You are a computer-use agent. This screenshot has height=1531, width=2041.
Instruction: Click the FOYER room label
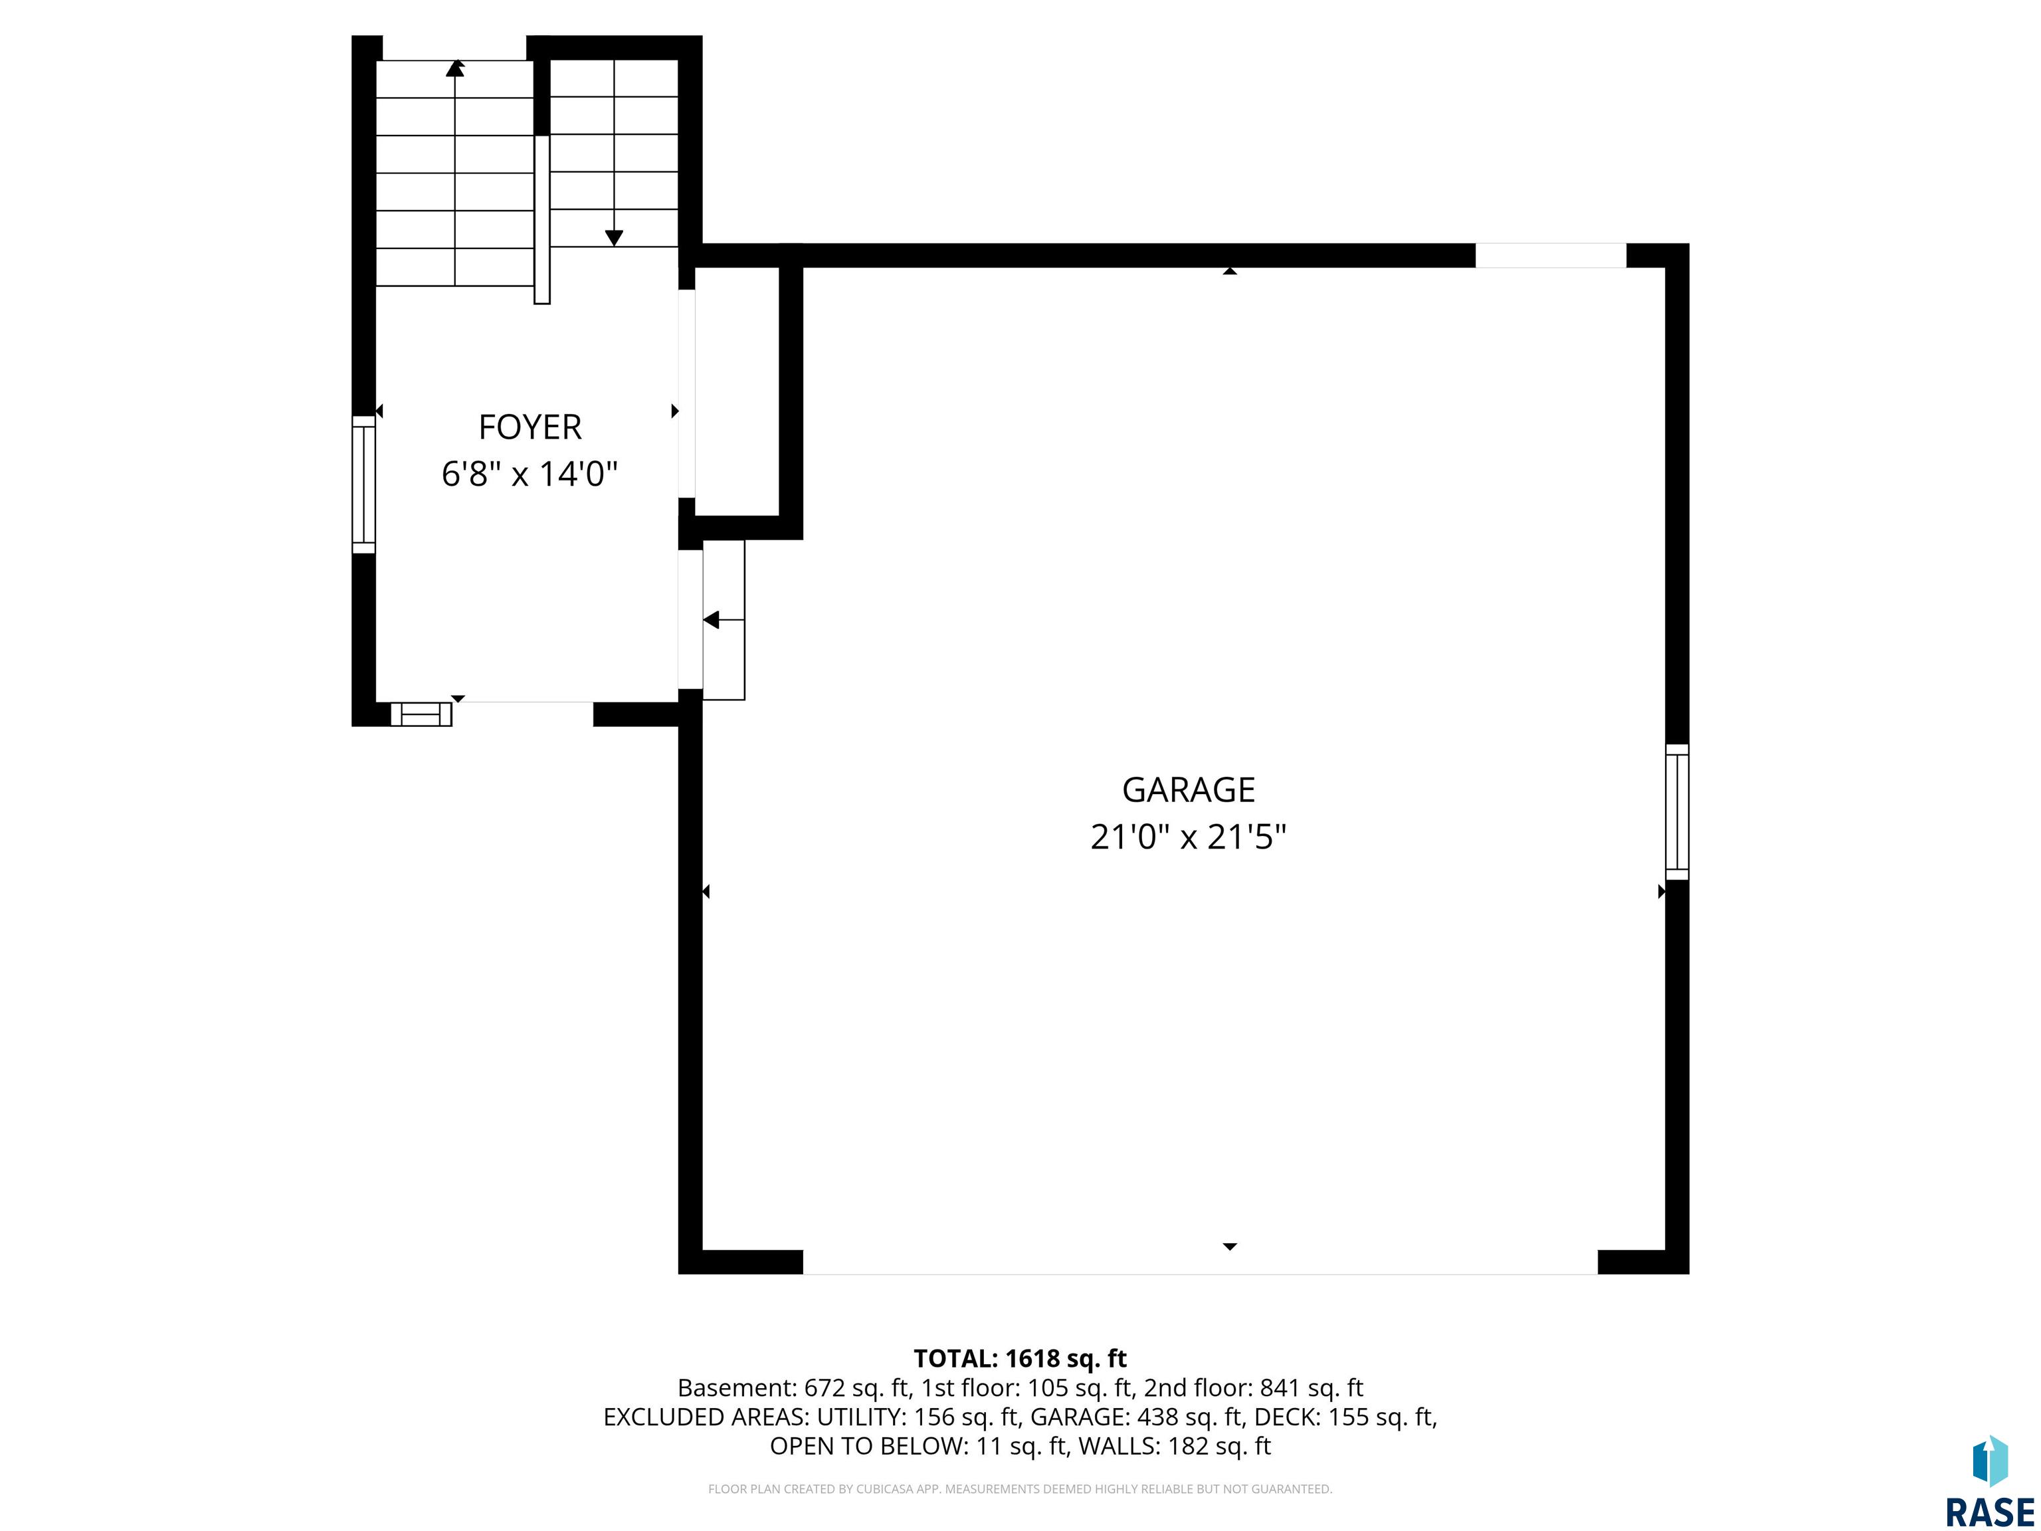click(x=530, y=427)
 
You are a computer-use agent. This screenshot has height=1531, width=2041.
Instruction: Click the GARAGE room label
click(x=1189, y=790)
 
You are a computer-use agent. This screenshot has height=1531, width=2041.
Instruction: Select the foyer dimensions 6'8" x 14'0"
click(x=530, y=474)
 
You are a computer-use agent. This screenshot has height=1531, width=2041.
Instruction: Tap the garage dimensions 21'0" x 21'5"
click(x=1189, y=838)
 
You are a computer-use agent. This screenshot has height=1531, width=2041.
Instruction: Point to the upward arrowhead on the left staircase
click(x=455, y=67)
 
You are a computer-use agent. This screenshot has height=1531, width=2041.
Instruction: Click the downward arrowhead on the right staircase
click(x=614, y=238)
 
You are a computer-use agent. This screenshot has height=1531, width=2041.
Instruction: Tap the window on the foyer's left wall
click(x=365, y=484)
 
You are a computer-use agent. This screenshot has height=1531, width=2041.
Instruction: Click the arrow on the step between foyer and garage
click(x=724, y=620)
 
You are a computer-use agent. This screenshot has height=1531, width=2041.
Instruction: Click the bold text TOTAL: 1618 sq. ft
click(x=1020, y=1358)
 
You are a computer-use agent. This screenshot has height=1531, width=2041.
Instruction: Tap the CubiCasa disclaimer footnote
click(x=1020, y=1488)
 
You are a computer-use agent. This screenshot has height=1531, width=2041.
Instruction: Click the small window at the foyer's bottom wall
click(x=421, y=714)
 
